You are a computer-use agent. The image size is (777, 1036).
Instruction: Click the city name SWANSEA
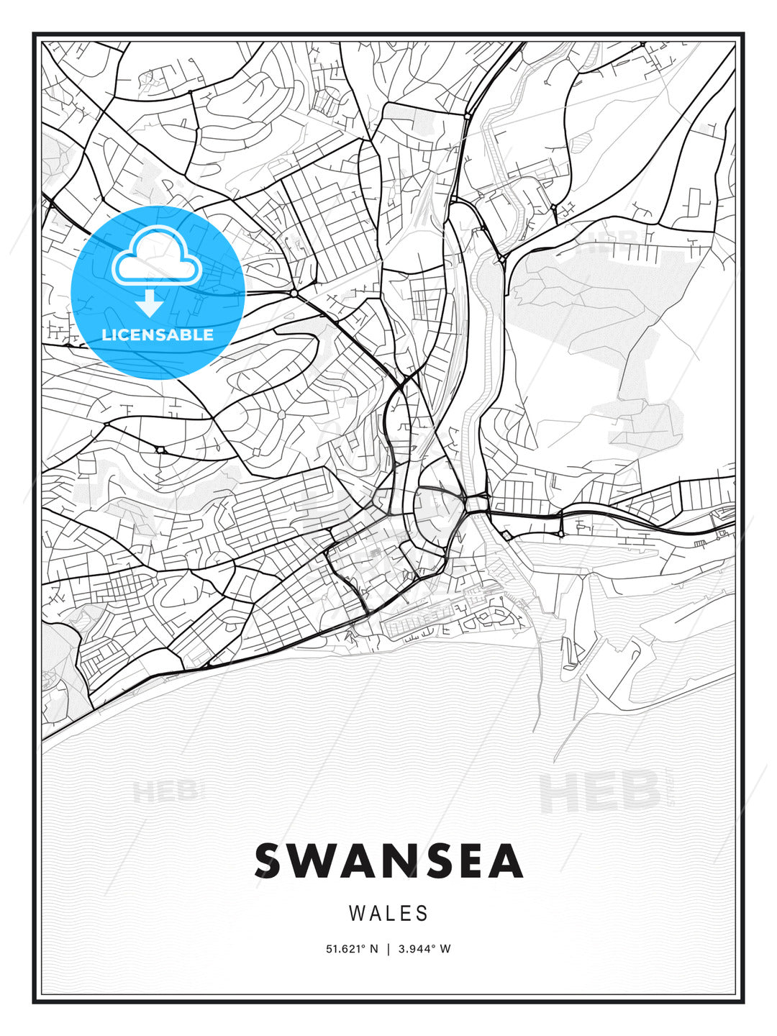pyautogui.click(x=388, y=861)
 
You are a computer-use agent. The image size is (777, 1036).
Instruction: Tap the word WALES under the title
pyautogui.click(x=388, y=914)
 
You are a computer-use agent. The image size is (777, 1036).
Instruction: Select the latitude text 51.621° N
pyautogui.click(x=352, y=949)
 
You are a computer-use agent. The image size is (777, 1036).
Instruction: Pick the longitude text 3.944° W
pyautogui.click(x=424, y=949)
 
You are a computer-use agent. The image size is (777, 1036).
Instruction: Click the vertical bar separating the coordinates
pyautogui.click(x=388, y=949)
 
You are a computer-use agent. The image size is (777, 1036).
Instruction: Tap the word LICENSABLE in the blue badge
pyautogui.click(x=158, y=335)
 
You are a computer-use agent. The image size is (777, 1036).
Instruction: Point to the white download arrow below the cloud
pyautogui.click(x=150, y=303)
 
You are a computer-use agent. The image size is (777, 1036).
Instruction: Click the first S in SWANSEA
pyautogui.click(x=269, y=861)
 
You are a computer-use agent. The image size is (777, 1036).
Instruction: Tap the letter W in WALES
pyautogui.click(x=356, y=914)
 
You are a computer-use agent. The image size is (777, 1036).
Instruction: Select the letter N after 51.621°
pyautogui.click(x=373, y=949)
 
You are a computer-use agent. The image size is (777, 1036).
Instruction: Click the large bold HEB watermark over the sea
pyautogui.click(x=599, y=791)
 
